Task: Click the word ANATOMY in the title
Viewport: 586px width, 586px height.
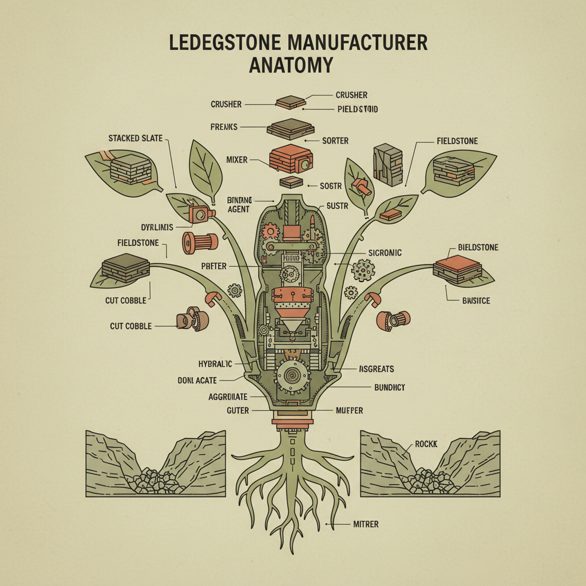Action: click(291, 65)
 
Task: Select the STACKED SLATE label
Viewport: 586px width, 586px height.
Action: click(135, 138)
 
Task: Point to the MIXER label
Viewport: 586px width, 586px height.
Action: click(237, 160)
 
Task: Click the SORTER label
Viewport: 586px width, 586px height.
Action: click(335, 140)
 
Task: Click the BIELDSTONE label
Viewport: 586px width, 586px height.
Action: click(478, 247)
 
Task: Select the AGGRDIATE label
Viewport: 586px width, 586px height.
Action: click(228, 396)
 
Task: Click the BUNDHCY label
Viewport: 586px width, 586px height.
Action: click(389, 387)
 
